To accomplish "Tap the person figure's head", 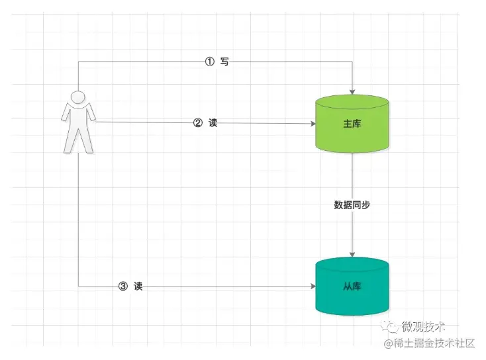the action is coord(79,98).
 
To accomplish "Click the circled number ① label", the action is coord(209,62).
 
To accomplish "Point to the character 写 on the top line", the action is coord(225,62).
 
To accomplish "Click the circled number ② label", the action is coord(197,122).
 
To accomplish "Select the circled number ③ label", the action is coord(122,287).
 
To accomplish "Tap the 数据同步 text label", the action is coord(352,205).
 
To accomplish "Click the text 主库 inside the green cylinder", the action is coord(352,124).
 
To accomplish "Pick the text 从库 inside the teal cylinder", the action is coord(352,287).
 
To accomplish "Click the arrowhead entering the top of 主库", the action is coord(352,91).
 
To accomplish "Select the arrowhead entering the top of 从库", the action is coord(352,254).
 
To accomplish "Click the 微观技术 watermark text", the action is coord(424,327).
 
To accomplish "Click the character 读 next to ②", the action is coord(213,122).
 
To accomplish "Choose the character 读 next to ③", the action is coord(138,287).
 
